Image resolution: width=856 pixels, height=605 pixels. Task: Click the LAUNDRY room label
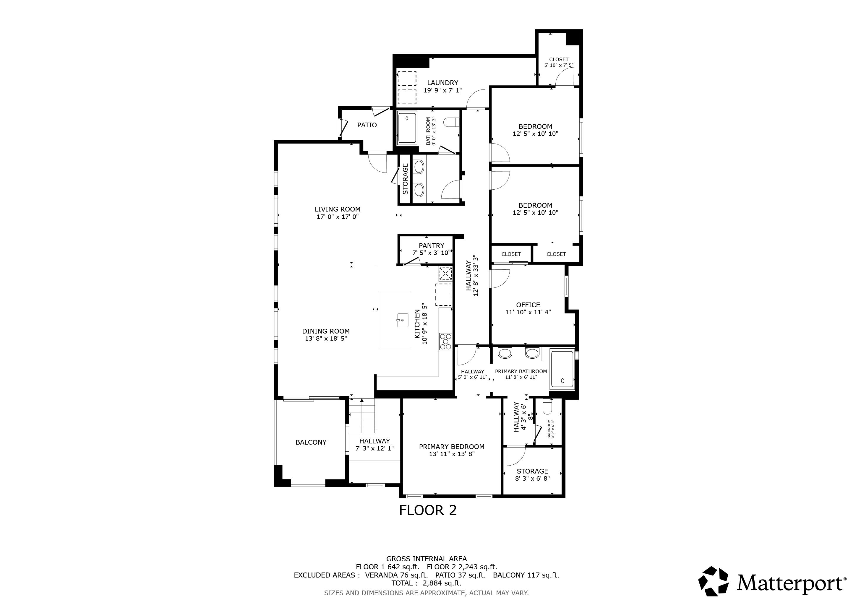(442, 83)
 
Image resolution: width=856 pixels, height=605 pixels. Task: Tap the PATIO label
(367, 125)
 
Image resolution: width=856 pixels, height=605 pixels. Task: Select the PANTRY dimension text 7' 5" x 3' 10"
(431, 253)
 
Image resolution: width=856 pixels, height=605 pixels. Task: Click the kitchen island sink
(402, 320)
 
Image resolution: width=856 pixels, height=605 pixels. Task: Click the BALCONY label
(311, 442)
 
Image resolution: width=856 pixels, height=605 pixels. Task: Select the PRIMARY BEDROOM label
(451, 447)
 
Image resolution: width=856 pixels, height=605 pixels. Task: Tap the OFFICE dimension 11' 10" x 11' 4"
(528, 312)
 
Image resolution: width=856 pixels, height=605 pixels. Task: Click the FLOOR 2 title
(428, 510)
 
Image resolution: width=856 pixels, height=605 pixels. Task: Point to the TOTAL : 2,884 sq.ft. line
(426, 583)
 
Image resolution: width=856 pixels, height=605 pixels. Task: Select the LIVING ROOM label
(337, 209)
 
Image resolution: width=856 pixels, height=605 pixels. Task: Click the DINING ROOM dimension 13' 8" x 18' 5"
(326, 339)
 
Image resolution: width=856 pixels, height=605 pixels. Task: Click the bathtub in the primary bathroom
(562, 369)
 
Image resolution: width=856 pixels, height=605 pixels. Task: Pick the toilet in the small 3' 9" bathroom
(548, 407)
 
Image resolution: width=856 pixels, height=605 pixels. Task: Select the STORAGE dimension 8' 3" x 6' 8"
(532, 478)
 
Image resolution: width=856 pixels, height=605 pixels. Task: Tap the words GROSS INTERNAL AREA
(426, 559)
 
